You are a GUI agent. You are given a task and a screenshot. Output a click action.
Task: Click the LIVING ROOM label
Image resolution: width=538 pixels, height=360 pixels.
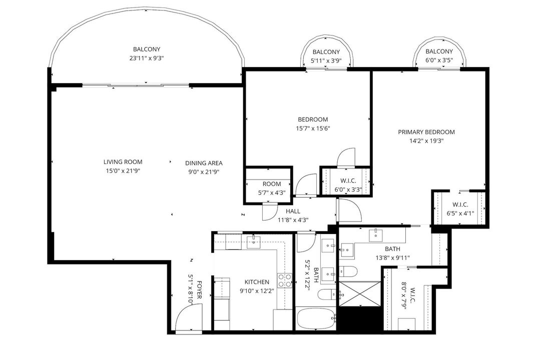point(123,162)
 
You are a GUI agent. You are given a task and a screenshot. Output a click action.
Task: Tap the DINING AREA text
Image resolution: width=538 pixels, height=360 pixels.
point(204,163)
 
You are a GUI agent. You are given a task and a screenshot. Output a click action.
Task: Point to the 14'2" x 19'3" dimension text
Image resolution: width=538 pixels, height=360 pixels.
point(426,141)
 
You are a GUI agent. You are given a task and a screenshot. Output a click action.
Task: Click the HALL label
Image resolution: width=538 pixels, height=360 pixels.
point(293,211)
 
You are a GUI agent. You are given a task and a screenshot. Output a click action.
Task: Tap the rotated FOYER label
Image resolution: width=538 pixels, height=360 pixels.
point(199,289)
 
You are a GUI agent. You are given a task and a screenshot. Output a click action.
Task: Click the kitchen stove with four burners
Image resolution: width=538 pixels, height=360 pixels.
point(284,280)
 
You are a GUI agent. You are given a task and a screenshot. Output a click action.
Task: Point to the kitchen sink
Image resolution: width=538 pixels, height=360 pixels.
point(254,242)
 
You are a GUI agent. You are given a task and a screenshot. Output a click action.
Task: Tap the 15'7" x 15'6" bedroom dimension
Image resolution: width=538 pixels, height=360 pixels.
point(313,128)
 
